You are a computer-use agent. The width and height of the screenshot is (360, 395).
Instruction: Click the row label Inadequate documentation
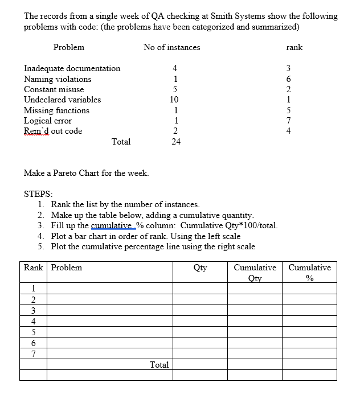pos(72,68)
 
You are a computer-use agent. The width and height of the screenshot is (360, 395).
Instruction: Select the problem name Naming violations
pos(57,79)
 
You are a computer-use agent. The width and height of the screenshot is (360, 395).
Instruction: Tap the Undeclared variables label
pos(62,100)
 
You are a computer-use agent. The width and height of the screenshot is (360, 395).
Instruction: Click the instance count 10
pos(175,100)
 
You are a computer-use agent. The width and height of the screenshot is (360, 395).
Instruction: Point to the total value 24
pos(175,142)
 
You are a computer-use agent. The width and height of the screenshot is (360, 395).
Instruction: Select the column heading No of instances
pos(171,47)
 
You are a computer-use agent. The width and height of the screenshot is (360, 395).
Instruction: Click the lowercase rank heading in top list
pos(294,47)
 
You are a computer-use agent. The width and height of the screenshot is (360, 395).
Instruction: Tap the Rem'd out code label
pos(52,131)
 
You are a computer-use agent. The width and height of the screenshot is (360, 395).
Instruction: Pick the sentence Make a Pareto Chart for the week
pos(86,172)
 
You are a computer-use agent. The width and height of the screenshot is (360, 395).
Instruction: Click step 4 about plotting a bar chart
pos(145,236)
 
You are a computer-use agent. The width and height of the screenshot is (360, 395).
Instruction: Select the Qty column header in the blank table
pos(200,268)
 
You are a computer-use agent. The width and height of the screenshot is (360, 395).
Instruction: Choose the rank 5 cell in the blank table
pos(34,332)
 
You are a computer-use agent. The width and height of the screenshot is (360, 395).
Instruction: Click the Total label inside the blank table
pos(159,364)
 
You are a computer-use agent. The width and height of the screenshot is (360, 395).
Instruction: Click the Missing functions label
pos(56,110)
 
